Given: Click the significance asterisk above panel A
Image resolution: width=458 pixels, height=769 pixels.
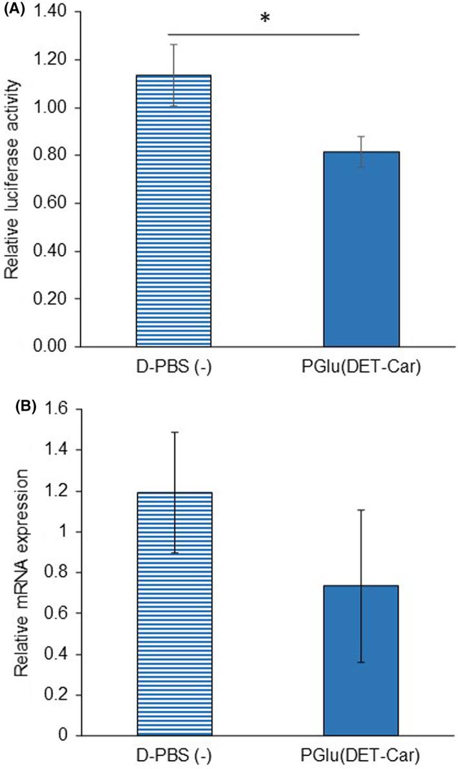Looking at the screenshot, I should [x=264, y=18].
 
